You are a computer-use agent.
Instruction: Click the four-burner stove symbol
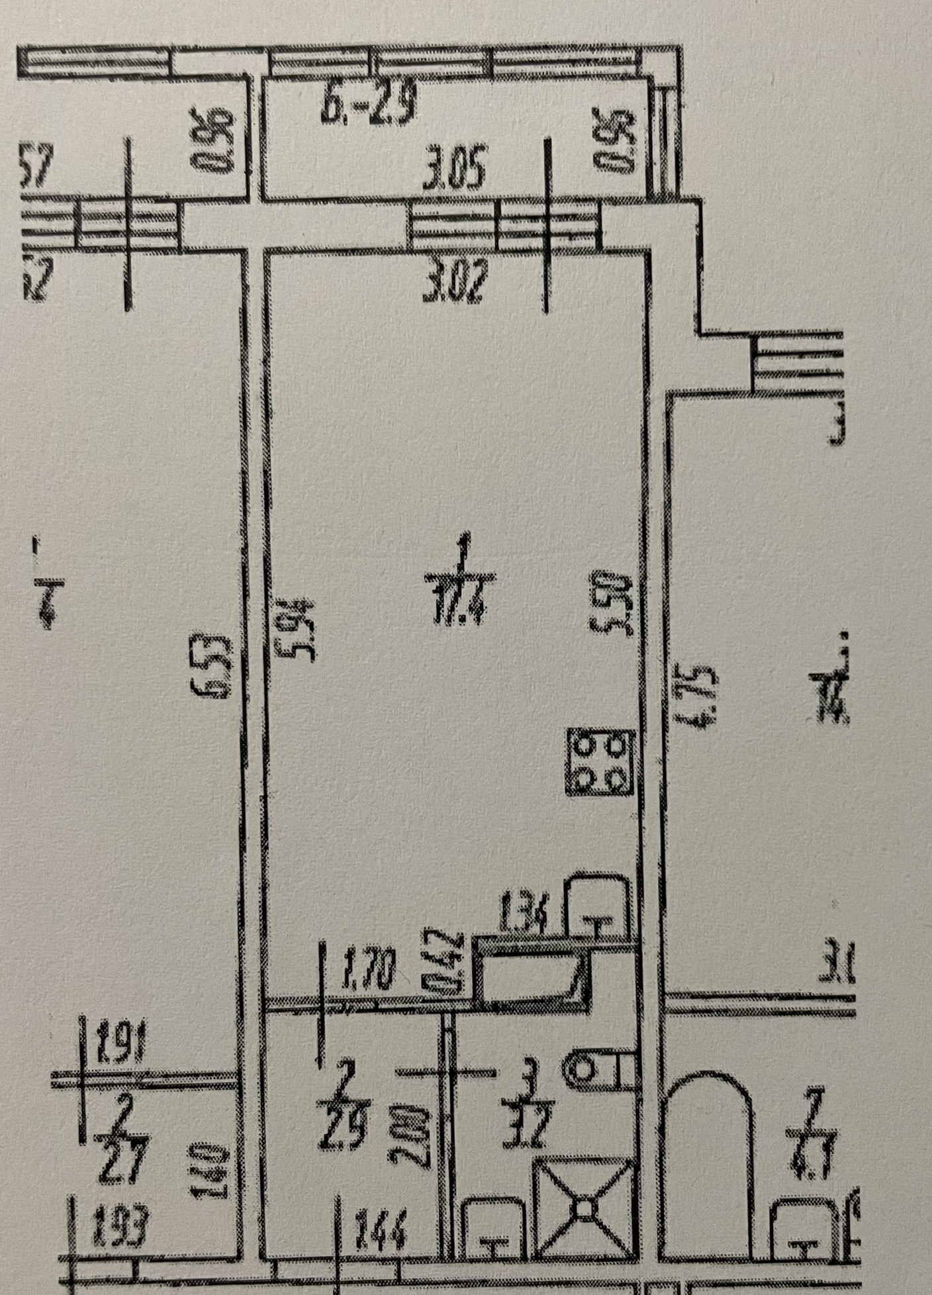click(600, 761)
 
